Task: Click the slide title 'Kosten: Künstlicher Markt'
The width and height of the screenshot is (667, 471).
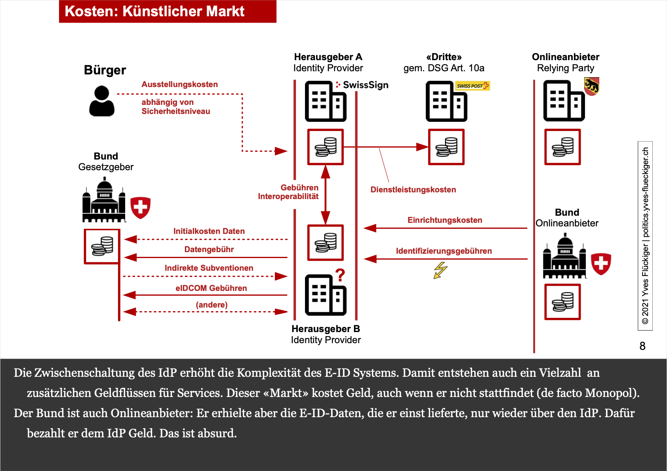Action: [154, 11]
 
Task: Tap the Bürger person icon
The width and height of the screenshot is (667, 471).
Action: [102, 101]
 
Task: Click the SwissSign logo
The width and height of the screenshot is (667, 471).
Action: [362, 85]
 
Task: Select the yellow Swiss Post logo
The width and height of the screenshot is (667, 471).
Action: [473, 85]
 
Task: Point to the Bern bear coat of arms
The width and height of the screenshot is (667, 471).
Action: [591, 86]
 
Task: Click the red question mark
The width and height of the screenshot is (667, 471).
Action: [340, 275]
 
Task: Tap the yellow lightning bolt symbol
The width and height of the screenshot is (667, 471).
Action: [440, 270]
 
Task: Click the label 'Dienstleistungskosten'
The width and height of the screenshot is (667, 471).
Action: [413, 190]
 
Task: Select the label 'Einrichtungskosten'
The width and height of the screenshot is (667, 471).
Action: [445, 220]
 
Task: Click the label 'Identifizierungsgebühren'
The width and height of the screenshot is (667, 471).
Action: [444, 251]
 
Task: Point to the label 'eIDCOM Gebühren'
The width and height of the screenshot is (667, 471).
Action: [211, 288]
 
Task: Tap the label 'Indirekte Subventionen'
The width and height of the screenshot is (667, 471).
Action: [209, 268]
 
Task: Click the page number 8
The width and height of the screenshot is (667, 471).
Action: [642, 346]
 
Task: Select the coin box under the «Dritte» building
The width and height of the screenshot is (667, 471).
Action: [446, 147]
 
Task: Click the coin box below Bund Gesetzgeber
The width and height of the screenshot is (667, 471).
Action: [102, 246]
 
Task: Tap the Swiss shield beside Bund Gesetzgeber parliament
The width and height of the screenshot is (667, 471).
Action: [140, 207]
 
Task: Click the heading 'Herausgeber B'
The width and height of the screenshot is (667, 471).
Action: [326, 329]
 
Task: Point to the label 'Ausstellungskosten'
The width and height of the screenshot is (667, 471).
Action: [179, 84]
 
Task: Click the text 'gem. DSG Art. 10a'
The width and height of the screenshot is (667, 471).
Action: [444, 68]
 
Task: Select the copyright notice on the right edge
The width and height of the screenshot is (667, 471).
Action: [645, 235]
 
